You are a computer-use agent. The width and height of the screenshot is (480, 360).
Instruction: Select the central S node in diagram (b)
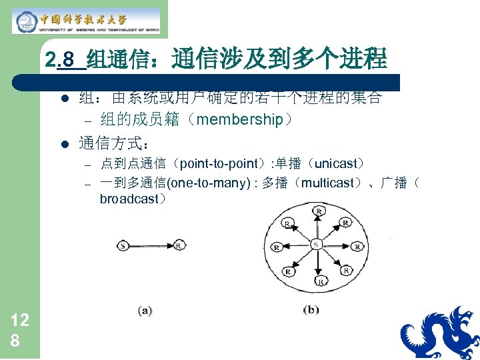317,245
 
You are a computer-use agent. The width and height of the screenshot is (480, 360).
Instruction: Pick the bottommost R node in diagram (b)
320,281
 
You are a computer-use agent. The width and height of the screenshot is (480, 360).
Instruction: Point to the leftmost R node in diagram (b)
275,247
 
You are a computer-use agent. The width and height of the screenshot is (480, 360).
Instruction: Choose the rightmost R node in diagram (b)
358,247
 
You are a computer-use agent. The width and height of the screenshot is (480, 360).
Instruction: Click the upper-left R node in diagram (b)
287,222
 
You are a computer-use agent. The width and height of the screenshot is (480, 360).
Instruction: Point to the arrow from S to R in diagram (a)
151,246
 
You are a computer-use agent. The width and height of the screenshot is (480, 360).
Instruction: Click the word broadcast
128,199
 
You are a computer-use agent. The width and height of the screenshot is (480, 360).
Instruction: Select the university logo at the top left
86,20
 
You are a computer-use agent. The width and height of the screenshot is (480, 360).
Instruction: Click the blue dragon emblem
441,333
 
